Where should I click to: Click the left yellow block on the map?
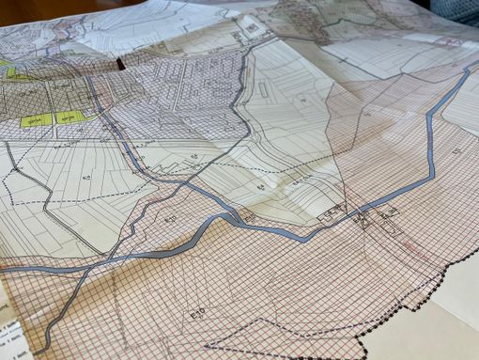coord(34,121)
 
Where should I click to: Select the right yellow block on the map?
coord(68,117)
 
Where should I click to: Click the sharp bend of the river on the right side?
coord(431,179)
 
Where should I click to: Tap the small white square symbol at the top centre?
coord(252,29)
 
